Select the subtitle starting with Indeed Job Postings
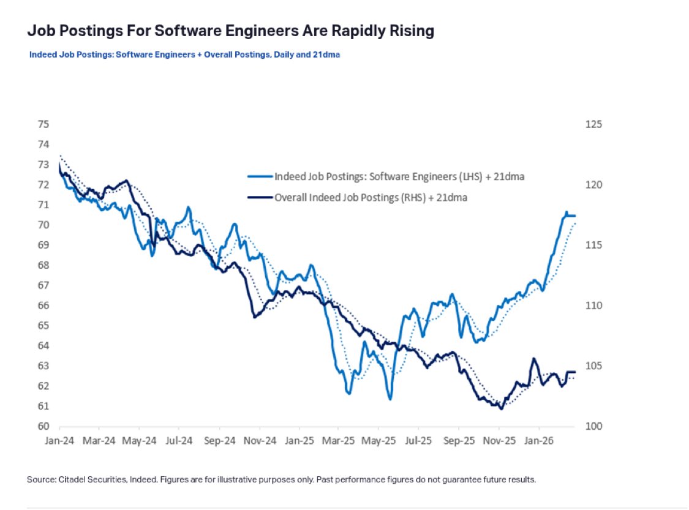point(184,54)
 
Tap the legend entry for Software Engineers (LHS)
point(399,176)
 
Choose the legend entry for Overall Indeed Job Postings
point(371,197)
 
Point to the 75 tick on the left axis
point(43,124)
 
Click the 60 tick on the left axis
point(43,426)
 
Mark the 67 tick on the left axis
point(43,285)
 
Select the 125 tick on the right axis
point(594,124)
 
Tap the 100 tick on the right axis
point(594,426)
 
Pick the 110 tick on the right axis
point(594,306)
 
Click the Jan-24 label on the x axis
point(59,440)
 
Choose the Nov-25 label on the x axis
point(500,440)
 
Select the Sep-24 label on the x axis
point(220,440)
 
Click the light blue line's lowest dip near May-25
point(390,399)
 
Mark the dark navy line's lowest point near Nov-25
point(502,408)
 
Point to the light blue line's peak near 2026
point(566,212)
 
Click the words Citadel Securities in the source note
point(89,479)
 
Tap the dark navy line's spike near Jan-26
point(533,359)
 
